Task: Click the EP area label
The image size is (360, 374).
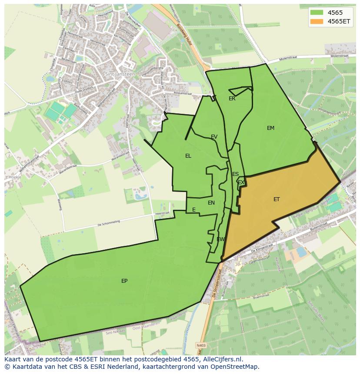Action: click(124, 281)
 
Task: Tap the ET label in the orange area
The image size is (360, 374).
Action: click(277, 199)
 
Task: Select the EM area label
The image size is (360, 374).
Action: click(270, 128)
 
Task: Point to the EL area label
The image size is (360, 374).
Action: click(188, 156)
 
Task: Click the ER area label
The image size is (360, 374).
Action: click(232, 99)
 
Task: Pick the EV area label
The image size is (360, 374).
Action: click(214, 137)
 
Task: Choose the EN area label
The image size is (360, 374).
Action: click(211, 203)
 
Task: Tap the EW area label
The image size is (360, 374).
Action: click(220, 239)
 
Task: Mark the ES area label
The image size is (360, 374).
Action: click(235, 174)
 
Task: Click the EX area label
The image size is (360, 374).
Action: click(241, 182)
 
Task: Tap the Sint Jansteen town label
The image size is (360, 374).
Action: click(120, 74)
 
